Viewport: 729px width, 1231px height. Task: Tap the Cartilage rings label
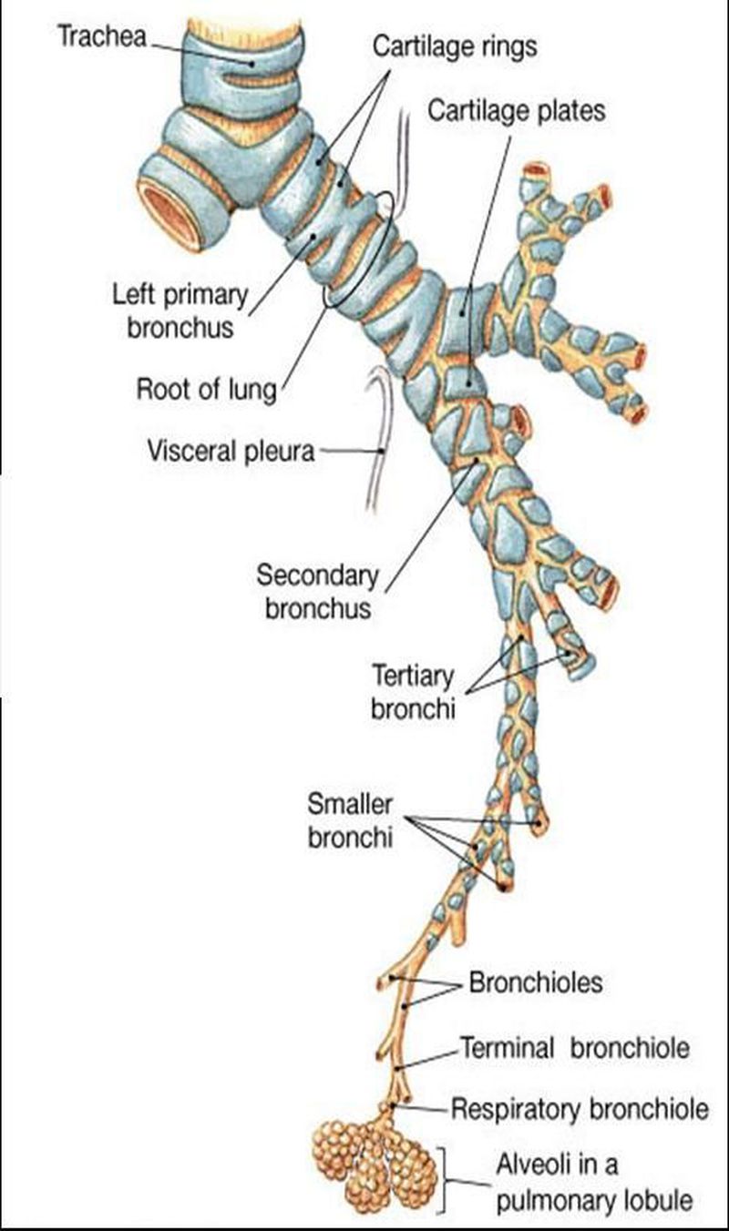(456, 47)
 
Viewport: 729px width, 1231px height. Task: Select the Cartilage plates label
(517, 111)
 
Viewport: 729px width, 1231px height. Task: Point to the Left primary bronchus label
(180, 310)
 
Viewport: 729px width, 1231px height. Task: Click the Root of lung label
(206, 389)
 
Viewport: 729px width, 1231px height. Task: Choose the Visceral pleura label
(231, 450)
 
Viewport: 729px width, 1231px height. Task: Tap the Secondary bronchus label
(317, 592)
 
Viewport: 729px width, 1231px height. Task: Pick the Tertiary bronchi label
(412, 692)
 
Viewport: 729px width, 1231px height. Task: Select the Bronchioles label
(535, 983)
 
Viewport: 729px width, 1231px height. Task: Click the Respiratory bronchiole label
(580, 1109)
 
